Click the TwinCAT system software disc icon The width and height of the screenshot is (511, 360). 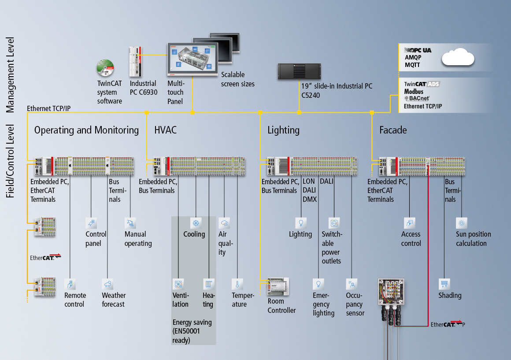pos(105,68)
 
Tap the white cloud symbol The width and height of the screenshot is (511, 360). pos(459,58)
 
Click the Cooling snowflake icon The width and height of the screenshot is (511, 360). pos(196,223)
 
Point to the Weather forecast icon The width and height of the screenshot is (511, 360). pos(107,283)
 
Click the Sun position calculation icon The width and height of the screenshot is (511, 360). pos(462,223)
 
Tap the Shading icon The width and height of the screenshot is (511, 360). pos(444,283)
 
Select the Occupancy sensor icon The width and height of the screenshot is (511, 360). pos(352,283)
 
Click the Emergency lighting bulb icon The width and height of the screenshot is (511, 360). pos(318,283)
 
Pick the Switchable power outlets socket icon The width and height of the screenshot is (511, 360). pos(334,223)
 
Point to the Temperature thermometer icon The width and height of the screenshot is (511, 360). pos(237,283)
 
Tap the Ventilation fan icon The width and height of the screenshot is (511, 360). pos(178,283)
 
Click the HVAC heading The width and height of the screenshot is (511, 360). pos(165,130)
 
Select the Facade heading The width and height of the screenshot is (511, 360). pos(393,130)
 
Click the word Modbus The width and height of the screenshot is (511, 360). pos(414,91)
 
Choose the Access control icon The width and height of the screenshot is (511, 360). pos(410,223)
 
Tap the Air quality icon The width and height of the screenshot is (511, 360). pos(224,223)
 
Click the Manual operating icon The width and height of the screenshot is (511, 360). pos(130,223)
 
